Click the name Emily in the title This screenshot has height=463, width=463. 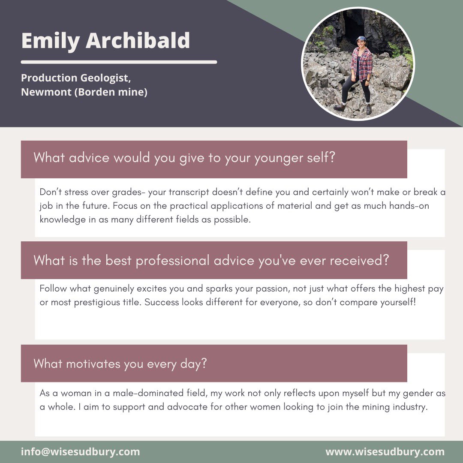[x=50, y=41]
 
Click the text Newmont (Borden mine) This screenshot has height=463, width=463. [x=84, y=92]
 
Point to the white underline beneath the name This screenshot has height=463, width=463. [x=119, y=62]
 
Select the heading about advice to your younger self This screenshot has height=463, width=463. [x=184, y=158]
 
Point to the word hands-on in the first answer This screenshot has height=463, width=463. [x=409, y=206]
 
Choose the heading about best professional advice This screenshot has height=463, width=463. [x=211, y=260]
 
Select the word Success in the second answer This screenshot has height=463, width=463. [x=161, y=302]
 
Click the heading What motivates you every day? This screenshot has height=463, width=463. [x=120, y=364]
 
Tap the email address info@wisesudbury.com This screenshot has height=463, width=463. [x=81, y=452]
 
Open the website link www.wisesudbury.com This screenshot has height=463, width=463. [x=385, y=452]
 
